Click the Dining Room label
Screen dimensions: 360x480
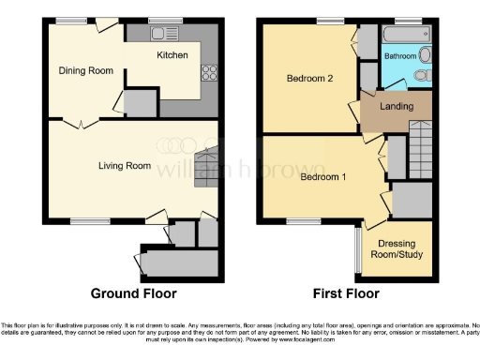[85, 70]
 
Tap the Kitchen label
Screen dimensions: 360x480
[172, 55]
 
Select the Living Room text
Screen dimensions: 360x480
[124, 166]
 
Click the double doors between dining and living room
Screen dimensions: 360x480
[82, 122]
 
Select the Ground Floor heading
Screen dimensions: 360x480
[133, 293]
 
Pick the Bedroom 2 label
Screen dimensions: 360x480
[309, 79]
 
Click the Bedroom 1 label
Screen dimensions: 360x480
[322, 177]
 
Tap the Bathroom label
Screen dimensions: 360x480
[400, 56]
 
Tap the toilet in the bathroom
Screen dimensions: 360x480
[423, 76]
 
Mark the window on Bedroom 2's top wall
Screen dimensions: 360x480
[330, 21]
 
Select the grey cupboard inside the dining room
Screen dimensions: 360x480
[140, 103]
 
